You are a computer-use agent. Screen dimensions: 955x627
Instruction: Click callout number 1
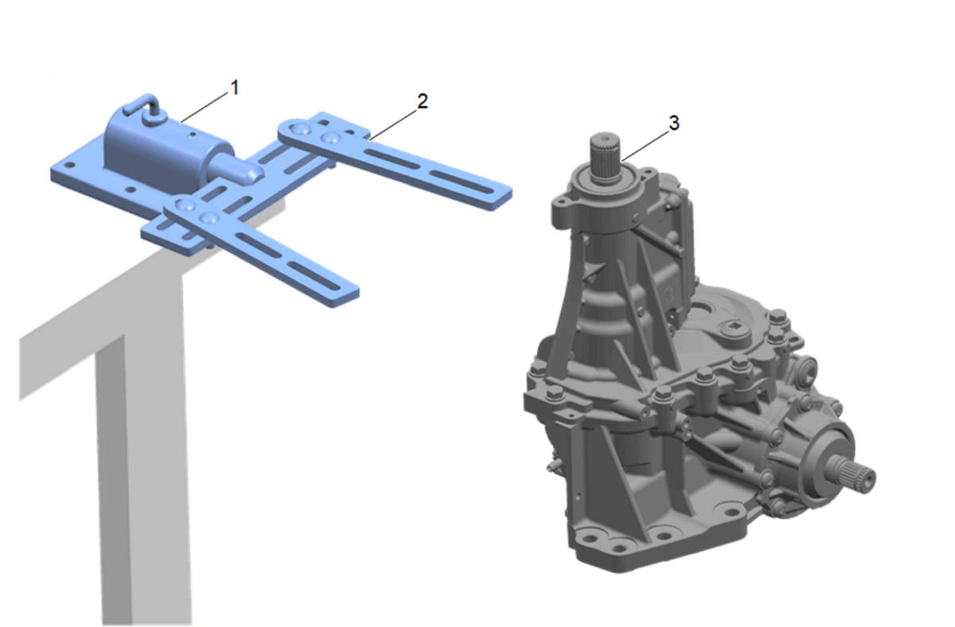(235, 88)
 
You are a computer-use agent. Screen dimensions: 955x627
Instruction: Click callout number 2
(422, 101)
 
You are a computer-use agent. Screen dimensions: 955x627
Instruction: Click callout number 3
(674, 123)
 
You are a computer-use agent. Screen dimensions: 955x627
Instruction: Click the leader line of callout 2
(392, 123)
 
